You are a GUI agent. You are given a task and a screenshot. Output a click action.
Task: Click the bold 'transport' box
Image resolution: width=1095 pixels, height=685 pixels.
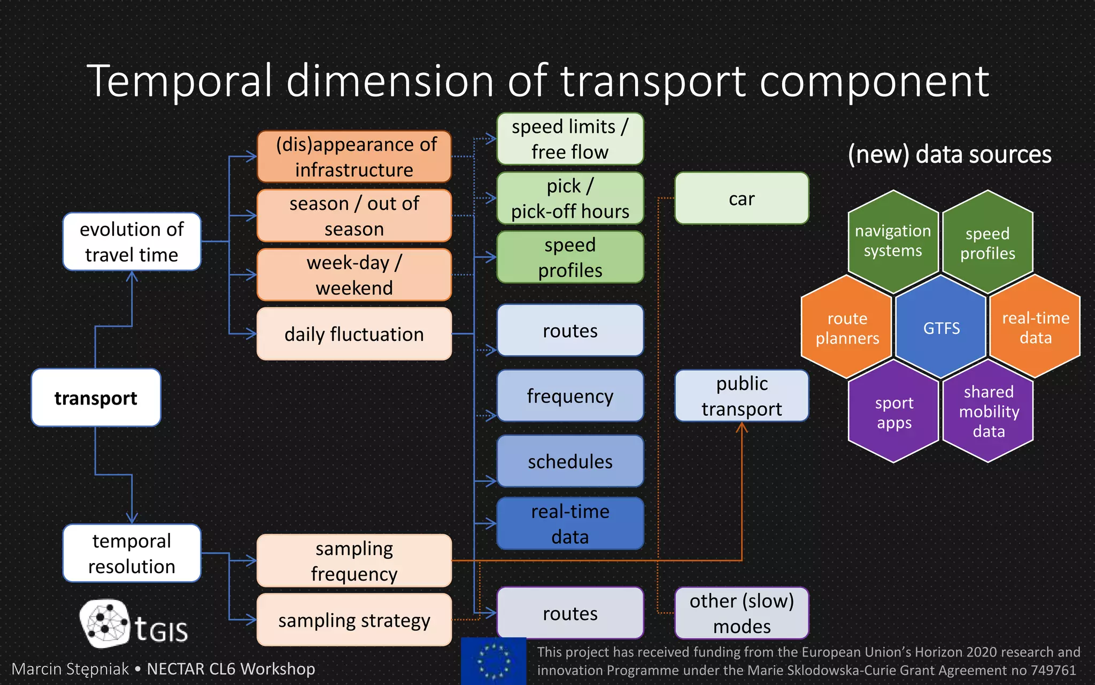(96, 398)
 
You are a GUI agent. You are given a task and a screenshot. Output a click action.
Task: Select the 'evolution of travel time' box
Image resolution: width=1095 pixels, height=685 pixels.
(132, 242)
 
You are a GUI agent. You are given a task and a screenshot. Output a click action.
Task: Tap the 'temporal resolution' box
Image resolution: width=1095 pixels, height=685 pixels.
(132, 553)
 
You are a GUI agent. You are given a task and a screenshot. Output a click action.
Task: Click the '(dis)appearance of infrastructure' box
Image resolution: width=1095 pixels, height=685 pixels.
(354, 157)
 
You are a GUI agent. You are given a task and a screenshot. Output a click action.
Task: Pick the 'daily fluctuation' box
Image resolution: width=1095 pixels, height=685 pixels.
(354, 334)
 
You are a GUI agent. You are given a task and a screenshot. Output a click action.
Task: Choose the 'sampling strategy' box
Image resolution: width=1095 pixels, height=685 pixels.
(354, 620)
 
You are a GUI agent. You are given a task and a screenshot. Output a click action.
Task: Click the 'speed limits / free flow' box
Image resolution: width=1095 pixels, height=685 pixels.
(570, 139)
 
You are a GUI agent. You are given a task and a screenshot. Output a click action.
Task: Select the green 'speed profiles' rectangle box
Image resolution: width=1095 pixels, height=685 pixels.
(570, 257)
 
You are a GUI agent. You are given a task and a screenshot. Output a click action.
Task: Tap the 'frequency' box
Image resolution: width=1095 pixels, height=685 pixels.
(570, 396)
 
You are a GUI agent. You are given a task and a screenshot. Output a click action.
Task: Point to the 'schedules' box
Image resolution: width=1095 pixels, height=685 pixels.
(570, 461)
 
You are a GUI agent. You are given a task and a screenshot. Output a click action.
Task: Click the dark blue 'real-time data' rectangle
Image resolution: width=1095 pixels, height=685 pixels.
(570, 524)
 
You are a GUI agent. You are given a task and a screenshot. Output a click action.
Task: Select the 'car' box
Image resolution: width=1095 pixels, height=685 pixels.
(742, 199)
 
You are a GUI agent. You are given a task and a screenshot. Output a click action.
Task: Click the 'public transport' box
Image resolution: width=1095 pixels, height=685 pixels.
(742, 396)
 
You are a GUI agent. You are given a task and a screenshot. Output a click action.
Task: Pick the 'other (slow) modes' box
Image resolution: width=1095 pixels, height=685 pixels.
(742, 613)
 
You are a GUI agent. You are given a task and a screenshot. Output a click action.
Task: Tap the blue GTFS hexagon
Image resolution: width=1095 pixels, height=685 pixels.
(941, 328)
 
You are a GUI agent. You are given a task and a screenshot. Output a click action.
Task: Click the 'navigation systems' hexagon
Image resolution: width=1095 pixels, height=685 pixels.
(893, 241)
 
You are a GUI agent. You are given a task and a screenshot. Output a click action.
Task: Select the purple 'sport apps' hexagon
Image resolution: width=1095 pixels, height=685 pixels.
(893, 412)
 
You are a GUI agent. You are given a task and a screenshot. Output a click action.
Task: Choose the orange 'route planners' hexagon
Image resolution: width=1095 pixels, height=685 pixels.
(847, 328)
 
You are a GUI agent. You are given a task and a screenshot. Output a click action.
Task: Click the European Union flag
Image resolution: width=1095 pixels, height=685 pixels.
(493, 661)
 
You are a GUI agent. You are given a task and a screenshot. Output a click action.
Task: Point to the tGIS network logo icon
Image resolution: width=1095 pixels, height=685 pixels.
(106, 623)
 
